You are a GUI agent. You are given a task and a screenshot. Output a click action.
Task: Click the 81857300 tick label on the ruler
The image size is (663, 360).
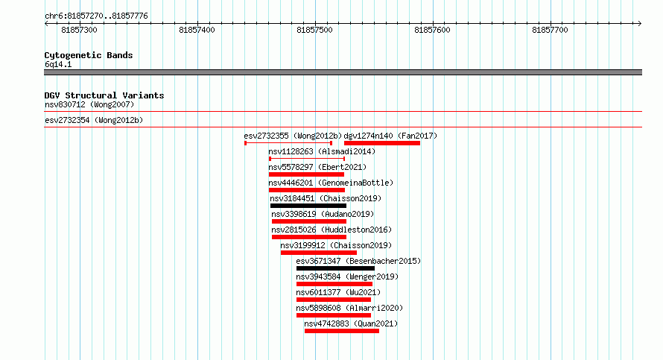79,30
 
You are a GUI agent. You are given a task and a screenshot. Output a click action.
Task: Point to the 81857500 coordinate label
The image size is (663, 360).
314,30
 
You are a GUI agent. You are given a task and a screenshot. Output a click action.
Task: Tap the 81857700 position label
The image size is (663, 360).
550,30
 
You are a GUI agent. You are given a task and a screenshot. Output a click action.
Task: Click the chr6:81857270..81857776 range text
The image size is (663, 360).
96,16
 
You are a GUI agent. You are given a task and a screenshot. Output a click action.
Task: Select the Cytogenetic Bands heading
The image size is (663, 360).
89,55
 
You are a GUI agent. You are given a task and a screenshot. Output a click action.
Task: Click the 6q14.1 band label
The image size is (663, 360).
58,64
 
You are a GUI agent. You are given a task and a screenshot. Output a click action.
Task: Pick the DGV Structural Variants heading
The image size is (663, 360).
104,95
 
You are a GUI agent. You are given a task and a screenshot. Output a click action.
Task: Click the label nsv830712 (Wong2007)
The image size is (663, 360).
89,104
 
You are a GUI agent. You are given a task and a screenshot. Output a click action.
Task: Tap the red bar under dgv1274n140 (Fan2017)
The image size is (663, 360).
382,143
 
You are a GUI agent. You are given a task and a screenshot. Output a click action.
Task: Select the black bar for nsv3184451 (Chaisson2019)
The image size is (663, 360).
308,206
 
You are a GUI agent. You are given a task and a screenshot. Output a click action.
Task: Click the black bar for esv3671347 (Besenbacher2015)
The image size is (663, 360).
335,268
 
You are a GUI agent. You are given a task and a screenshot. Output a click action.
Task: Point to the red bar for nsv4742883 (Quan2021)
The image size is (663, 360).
342,331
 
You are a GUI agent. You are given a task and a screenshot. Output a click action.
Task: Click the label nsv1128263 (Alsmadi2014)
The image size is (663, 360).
322,151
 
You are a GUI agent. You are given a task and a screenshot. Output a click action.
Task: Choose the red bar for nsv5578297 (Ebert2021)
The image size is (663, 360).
306,174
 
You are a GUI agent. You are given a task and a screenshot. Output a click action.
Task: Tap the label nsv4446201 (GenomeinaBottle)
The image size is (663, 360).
331,183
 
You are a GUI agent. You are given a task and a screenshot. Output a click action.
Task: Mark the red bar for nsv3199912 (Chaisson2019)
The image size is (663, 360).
318,253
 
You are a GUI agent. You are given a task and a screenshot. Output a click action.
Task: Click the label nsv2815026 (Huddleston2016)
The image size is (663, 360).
331,230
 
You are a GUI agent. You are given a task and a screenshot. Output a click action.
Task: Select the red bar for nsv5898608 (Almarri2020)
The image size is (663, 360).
334,315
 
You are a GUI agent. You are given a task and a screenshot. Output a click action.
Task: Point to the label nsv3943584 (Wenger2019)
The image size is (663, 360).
347,277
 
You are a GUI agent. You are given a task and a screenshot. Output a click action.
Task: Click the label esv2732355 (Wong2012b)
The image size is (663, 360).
293,136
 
